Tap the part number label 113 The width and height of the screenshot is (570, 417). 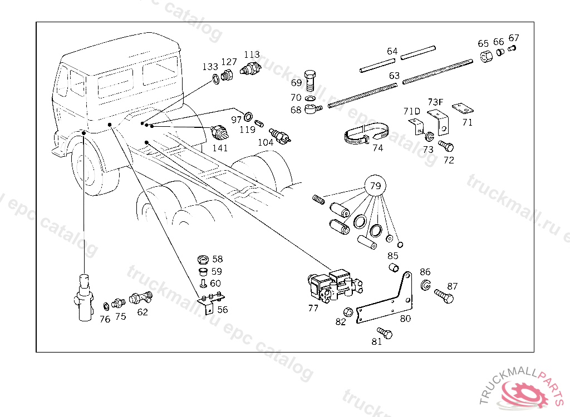(x=252, y=55)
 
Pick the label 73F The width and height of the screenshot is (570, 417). (x=436, y=102)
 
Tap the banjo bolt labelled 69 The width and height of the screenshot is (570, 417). (x=311, y=80)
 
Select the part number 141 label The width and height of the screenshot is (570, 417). (x=220, y=148)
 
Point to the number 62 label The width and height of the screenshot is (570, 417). (x=142, y=312)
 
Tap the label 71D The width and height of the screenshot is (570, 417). (x=411, y=111)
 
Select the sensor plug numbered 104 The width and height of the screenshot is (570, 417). (x=279, y=136)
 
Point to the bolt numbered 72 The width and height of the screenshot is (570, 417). (x=446, y=146)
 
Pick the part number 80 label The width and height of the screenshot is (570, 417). (x=405, y=319)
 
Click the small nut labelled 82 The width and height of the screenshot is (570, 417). (x=347, y=312)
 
